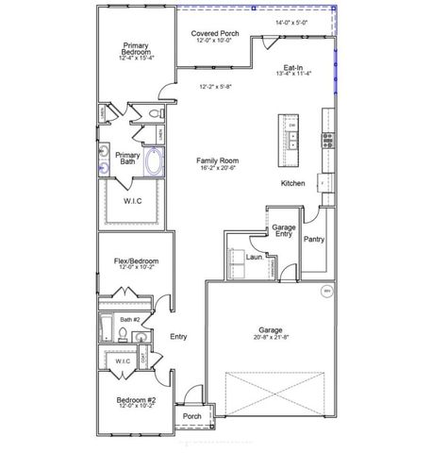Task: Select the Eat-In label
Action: pos(292,69)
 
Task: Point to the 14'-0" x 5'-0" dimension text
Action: pos(292,21)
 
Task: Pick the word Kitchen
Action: pos(292,183)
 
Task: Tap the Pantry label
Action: pos(314,240)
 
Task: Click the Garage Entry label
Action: pos(283,231)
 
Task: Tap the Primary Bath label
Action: pos(126,159)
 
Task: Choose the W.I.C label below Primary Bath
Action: pos(134,201)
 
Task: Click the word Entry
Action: pos(178,337)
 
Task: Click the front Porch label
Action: pos(191,416)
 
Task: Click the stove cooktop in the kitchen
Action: pos(327,141)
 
